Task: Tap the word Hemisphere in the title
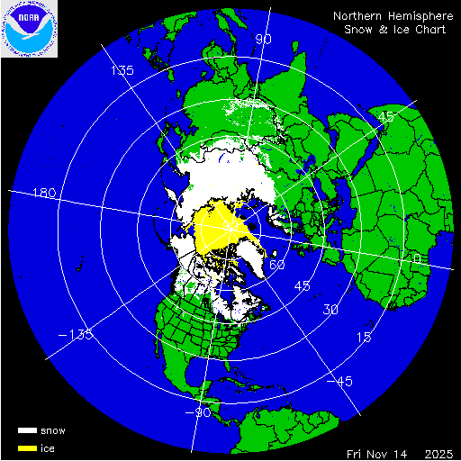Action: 422,16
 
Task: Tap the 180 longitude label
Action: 44,194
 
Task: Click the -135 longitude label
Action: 80,335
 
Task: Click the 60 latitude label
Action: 277,266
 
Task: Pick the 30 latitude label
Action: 331,311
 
